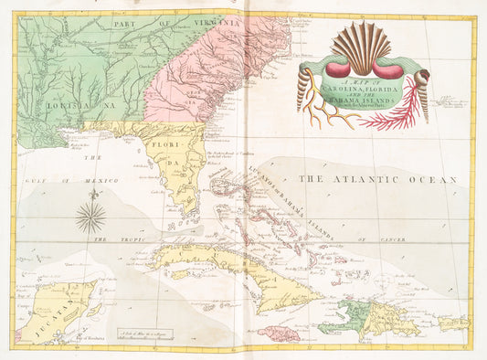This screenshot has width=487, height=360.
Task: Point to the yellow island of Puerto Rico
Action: point(453,323)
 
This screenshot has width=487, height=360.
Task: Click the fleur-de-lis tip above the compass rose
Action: point(90,196)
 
